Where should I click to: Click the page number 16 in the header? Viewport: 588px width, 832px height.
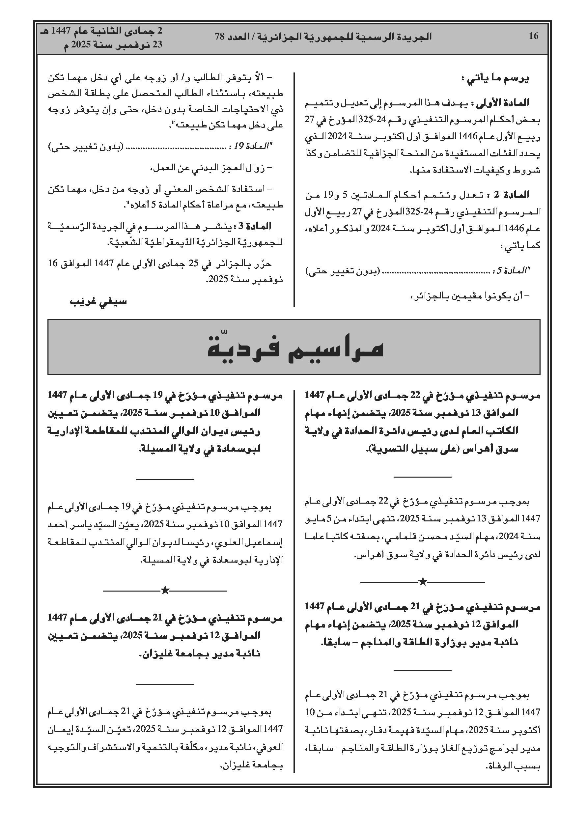tap(533, 36)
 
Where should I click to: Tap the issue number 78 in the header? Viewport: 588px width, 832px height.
tap(220, 36)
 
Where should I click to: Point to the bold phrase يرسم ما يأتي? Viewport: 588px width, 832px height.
tap(497, 79)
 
